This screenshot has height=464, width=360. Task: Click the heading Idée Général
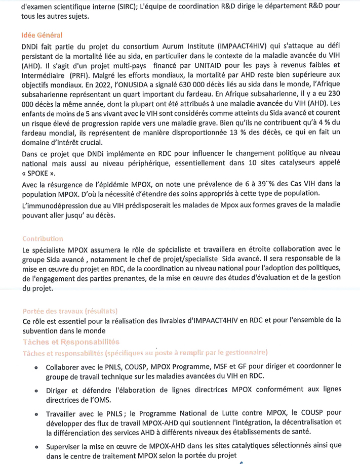click(x=42, y=35)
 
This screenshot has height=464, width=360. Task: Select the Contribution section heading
click(x=43, y=238)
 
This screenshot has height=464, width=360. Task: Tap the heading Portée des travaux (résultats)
click(x=70, y=310)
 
